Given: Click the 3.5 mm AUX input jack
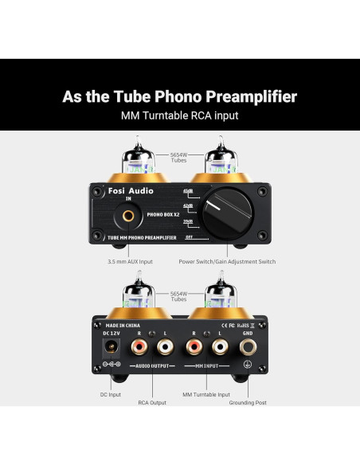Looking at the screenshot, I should (x=128, y=213).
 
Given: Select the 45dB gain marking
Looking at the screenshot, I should (x=188, y=192).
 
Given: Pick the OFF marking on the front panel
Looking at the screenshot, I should (x=189, y=236).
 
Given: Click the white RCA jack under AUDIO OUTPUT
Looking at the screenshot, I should (x=165, y=347).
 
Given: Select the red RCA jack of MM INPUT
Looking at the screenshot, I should (x=194, y=347).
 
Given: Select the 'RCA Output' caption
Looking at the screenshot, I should (x=151, y=402).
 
